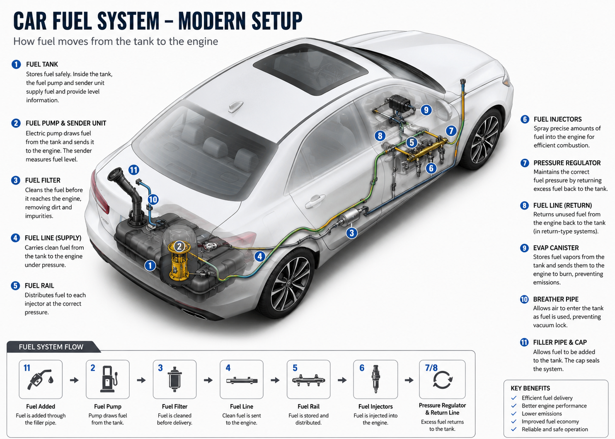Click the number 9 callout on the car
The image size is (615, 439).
tap(426, 110)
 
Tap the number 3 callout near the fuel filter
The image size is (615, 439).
tap(352, 233)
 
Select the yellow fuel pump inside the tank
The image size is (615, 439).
tap(179, 261)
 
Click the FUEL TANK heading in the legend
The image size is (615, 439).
tap(42, 65)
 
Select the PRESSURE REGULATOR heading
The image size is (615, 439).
tap(567, 163)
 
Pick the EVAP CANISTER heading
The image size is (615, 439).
tap(556, 248)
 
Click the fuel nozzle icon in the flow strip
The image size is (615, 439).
tap(40, 379)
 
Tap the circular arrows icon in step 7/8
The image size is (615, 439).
tap(443, 380)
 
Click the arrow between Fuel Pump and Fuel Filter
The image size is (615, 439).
tap(141, 380)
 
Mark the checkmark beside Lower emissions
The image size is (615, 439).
tap(514, 413)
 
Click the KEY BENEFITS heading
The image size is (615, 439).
tap(530, 388)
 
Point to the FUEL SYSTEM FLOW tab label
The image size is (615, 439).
tap(51, 347)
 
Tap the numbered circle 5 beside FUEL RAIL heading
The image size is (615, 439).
tap(15, 286)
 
